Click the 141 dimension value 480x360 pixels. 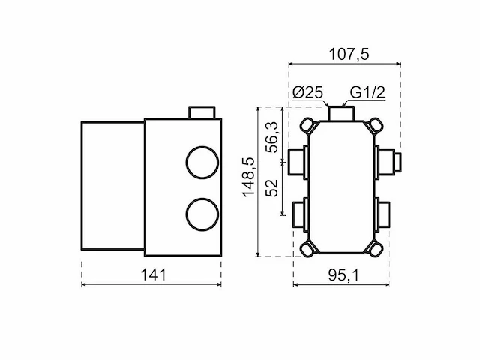click(x=153, y=274)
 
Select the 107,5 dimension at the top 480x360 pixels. click(x=349, y=55)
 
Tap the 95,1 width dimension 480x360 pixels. click(x=343, y=274)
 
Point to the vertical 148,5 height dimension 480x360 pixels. click(x=248, y=177)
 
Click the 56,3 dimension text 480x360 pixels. click(x=271, y=137)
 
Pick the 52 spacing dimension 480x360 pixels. click(x=271, y=187)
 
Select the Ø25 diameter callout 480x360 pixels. click(x=307, y=92)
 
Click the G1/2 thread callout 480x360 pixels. click(x=367, y=92)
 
